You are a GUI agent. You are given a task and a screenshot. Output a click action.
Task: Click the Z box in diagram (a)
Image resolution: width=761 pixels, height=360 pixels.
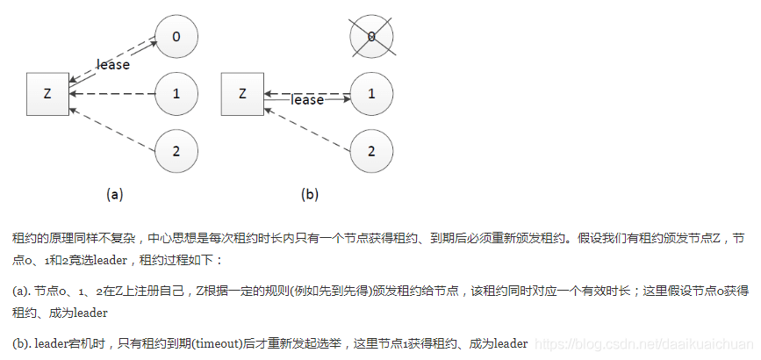point(48,93)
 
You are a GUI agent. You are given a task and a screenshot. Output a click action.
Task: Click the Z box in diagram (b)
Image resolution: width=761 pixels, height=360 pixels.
point(242,93)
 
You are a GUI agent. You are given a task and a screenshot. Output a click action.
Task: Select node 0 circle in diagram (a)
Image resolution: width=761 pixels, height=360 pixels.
point(176,37)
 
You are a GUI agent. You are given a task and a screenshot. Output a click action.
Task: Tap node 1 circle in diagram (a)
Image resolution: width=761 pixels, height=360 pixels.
point(176,93)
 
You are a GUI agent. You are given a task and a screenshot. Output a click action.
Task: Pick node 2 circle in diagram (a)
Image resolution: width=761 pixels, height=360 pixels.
point(176,149)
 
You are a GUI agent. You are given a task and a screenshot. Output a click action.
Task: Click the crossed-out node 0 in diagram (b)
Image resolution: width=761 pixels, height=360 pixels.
point(371,37)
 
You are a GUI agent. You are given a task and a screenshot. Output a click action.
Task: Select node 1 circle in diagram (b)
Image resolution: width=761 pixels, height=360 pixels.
point(371,93)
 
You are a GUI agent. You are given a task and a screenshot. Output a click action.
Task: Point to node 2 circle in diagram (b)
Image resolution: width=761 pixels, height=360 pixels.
point(371,149)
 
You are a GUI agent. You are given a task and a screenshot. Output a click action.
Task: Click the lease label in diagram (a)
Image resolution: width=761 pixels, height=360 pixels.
point(113,65)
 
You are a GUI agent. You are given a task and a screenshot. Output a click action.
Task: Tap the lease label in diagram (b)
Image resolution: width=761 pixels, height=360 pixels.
point(307,100)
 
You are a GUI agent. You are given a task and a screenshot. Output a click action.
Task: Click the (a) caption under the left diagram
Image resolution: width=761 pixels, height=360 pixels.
point(114,194)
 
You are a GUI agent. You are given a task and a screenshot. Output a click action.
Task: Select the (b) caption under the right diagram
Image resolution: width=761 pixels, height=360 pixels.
point(309,194)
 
